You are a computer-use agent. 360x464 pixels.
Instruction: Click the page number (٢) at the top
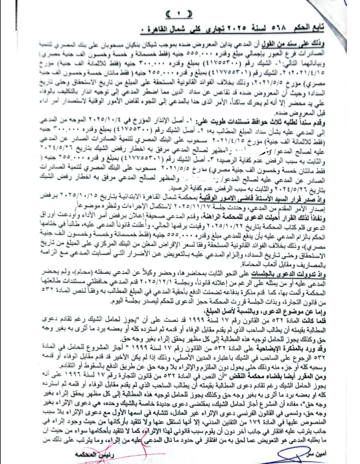coord(180,14)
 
